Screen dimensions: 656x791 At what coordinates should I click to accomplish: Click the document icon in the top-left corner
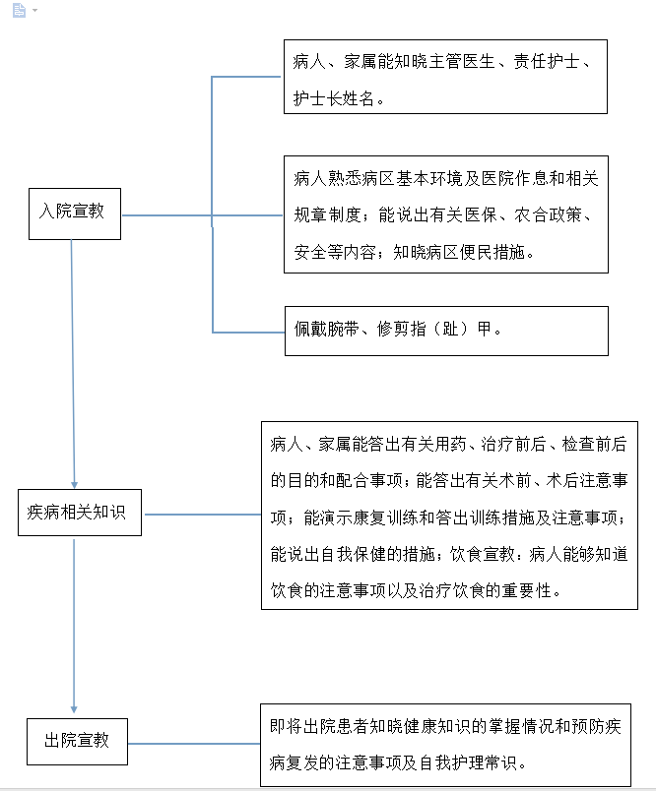click(19, 10)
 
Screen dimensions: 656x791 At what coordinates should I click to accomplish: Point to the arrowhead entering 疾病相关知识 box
click(74, 485)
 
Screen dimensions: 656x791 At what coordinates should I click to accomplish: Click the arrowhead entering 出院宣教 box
click(74, 709)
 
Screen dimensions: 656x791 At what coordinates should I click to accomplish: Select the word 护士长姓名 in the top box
click(334, 98)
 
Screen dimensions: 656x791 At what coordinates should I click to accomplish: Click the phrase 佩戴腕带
click(327, 329)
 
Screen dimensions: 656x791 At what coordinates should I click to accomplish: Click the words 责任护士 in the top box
click(547, 62)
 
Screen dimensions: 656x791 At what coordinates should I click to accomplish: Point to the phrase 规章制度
click(327, 214)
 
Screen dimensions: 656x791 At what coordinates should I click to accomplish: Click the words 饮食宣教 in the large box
click(483, 554)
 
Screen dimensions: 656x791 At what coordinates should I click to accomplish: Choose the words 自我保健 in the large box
click(353, 554)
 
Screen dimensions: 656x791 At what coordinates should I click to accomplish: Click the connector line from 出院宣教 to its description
click(194, 744)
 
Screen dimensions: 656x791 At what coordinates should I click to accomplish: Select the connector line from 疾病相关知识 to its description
click(203, 515)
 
